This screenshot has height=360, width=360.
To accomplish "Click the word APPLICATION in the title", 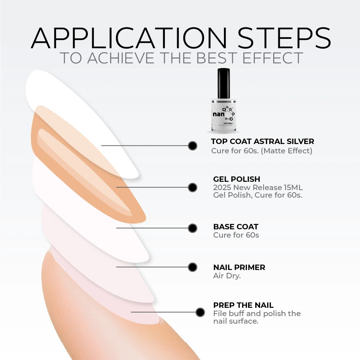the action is coord(129,38).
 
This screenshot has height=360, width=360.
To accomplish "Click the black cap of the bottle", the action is coord(224,84).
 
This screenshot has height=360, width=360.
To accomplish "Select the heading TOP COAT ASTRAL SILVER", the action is coord(262,141).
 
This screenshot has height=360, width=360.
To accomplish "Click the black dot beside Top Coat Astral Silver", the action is coord(192,145).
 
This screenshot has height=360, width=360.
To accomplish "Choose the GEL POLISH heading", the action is coord(237,179).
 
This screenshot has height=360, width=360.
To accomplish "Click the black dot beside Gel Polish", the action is coord(192,187).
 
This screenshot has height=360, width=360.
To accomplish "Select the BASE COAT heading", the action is coord(236,226).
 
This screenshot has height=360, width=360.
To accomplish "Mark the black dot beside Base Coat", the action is coord(192,228).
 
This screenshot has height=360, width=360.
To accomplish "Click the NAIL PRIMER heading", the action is coord(239,267).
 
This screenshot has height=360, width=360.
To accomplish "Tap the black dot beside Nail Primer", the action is coord(192,267).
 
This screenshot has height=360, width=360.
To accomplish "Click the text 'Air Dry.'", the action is coord(227,275).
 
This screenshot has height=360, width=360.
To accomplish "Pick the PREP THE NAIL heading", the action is coord(243,305).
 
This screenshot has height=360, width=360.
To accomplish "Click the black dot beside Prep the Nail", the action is coord(200,312).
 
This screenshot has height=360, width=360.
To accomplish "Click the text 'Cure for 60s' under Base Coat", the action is coord(236,235).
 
